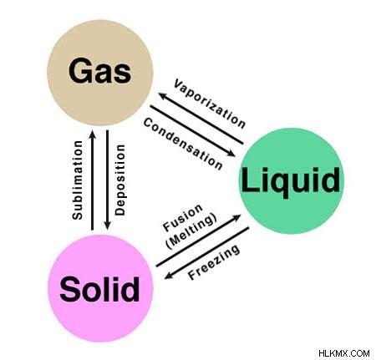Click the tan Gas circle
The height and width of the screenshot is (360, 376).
pyautogui.click(x=100, y=73)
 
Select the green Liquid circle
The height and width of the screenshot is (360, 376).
pyautogui.click(x=292, y=180)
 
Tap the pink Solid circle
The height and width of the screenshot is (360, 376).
pyautogui.click(x=100, y=288)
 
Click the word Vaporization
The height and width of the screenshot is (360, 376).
pyautogui.click(x=210, y=104)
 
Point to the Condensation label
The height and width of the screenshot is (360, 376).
pyautogui.click(x=183, y=144)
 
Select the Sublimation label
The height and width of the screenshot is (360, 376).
pyautogui.click(x=77, y=180)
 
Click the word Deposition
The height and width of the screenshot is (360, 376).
pyautogui.click(x=120, y=180)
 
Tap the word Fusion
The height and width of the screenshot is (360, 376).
pyautogui.click(x=182, y=218)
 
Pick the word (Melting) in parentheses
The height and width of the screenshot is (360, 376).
pyautogui.click(x=191, y=231)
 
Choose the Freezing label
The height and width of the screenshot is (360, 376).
pyautogui.click(x=214, y=261)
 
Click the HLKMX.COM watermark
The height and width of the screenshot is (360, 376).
pyautogui.click(x=344, y=353)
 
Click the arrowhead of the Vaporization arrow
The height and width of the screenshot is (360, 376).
pyautogui.click(x=163, y=96)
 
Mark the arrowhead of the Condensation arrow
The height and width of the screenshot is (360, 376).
pyautogui.click(x=231, y=153)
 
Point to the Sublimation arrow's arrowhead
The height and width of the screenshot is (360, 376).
pyautogui.click(x=92, y=134)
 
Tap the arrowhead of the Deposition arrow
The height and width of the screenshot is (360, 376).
pyautogui.click(x=107, y=225)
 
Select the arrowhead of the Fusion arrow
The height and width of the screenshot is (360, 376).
pyautogui.click(x=236, y=217)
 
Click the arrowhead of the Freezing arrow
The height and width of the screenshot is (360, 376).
pyautogui.click(x=169, y=276)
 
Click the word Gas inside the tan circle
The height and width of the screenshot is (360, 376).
pyautogui.click(x=99, y=70)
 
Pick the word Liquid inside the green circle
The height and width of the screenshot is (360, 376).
pyautogui.click(x=291, y=181)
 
